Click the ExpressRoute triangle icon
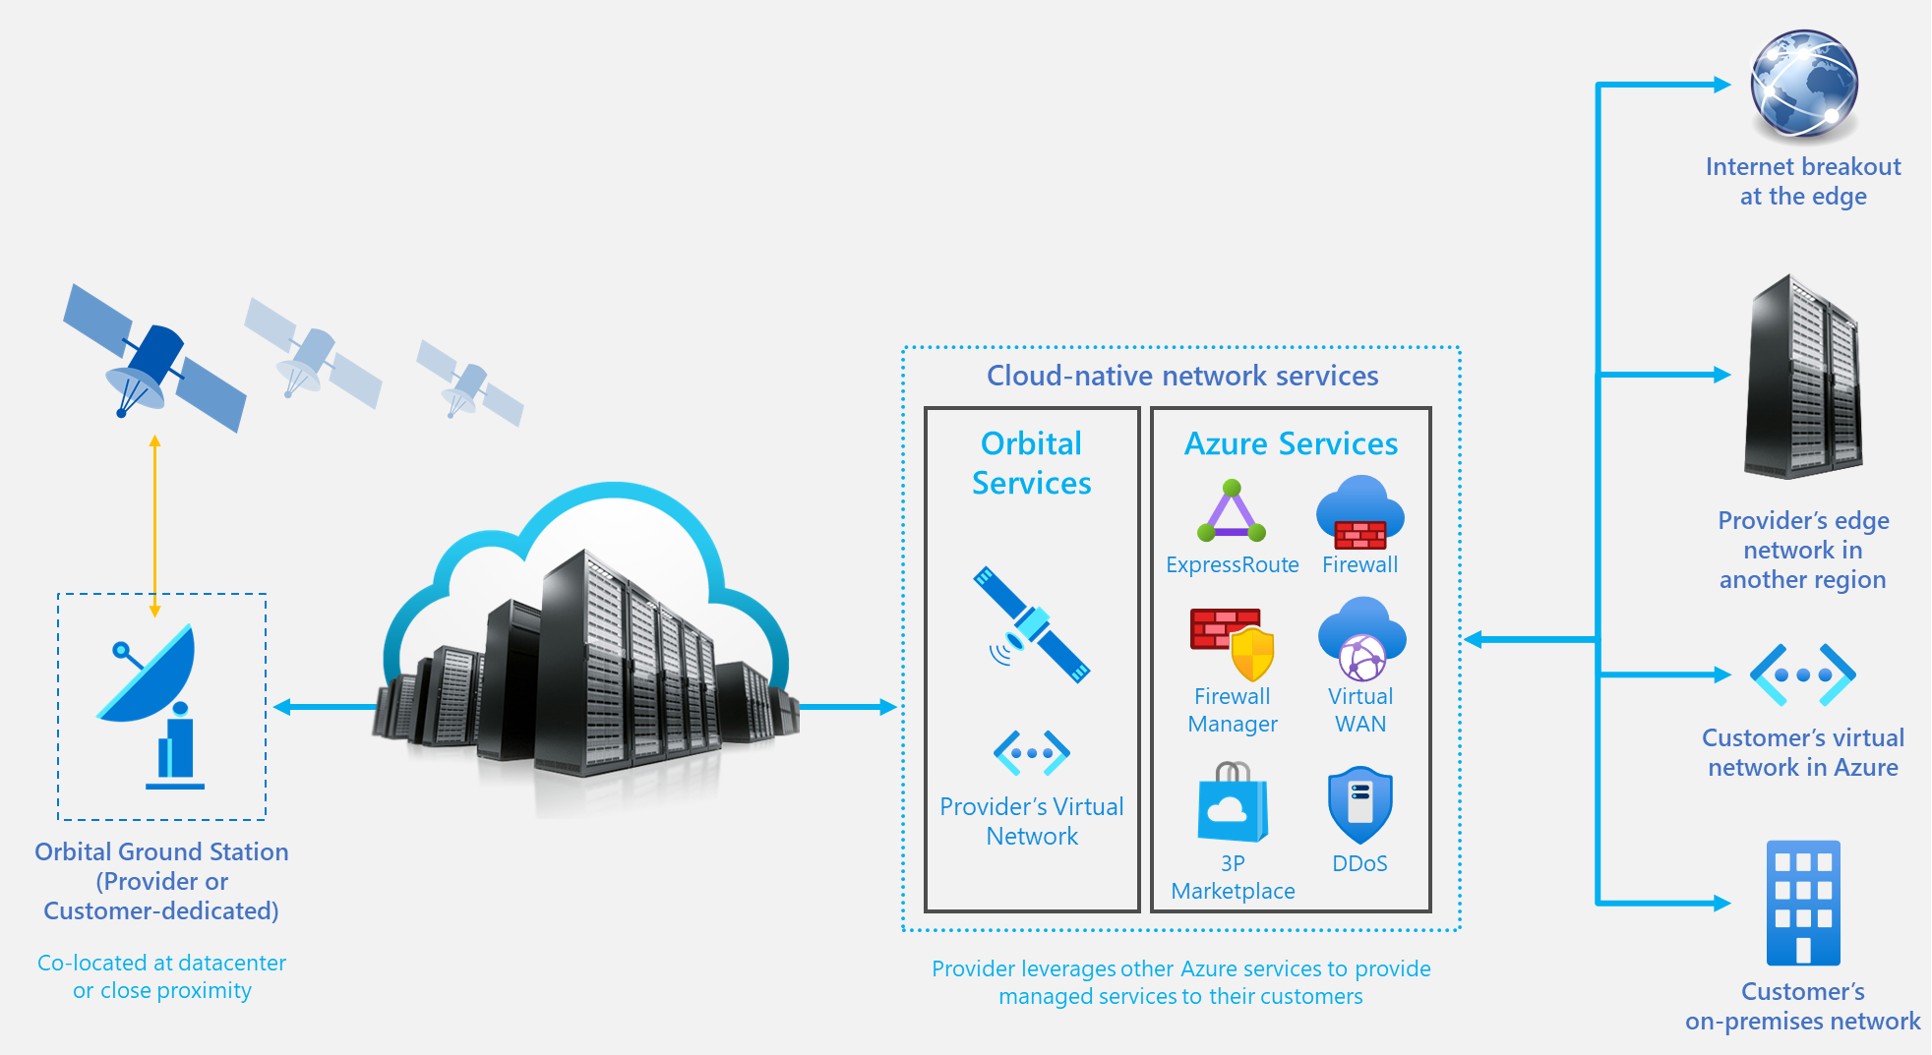pos(1232,511)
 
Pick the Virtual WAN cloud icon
pos(1361,640)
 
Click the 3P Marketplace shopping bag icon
pos(1233,803)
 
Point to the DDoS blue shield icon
pos(1359,805)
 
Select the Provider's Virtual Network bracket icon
pos(1032,753)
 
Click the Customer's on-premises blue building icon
pos(1803,903)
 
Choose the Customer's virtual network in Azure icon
pos(1803,674)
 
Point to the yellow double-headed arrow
pos(154,526)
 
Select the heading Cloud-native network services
pos(1182,376)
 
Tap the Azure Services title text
pos(1291,443)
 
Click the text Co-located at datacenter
pos(162,963)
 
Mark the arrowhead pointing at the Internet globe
pos(1722,85)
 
